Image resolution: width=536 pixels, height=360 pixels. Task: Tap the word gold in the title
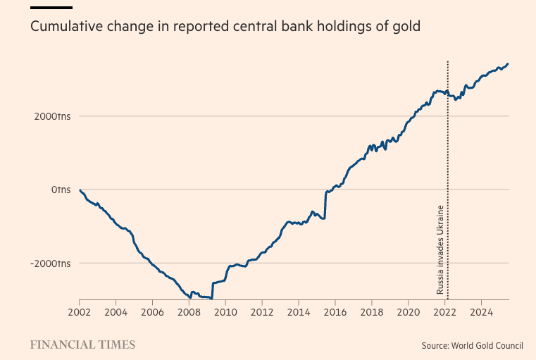click(x=406, y=27)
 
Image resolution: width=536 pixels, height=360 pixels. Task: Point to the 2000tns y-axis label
click(x=51, y=116)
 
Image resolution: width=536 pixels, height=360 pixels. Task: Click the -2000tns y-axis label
click(x=50, y=263)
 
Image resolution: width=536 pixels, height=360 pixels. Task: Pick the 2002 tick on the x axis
click(x=80, y=311)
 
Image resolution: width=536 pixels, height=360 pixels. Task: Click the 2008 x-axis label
click(x=189, y=311)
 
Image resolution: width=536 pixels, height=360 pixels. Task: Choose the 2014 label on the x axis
click(x=299, y=311)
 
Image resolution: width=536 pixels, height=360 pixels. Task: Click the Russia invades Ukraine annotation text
click(x=440, y=250)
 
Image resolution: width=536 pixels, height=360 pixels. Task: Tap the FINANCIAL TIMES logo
click(x=82, y=345)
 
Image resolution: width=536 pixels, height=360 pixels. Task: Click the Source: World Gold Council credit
click(x=472, y=345)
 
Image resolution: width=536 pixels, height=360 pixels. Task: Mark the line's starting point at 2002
click(x=80, y=190)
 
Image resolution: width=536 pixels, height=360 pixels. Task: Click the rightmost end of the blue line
click(x=508, y=63)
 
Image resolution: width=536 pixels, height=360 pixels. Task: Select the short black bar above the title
click(x=51, y=7)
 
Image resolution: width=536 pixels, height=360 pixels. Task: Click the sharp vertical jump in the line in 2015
click(x=325, y=204)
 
